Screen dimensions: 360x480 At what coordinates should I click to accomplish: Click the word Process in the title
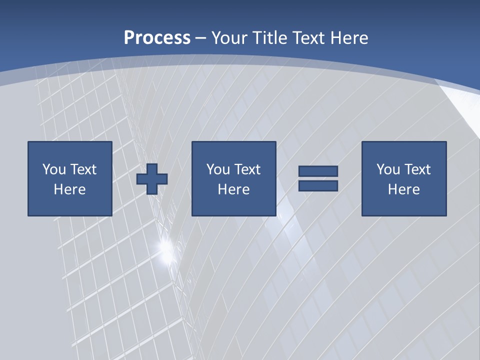point(157,38)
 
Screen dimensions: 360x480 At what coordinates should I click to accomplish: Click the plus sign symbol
point(152,179)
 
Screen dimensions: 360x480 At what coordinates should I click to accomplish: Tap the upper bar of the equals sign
point(318,171)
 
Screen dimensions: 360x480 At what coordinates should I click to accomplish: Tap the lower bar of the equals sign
point(318,186)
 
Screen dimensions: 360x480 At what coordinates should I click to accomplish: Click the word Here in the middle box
point(233,189)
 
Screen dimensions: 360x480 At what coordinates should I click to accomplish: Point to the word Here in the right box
point(403,189)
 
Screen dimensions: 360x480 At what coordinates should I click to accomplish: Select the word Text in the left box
point(83,169)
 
